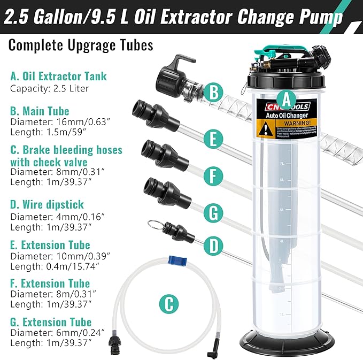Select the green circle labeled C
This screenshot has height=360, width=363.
169,304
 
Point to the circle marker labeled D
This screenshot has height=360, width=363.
213,247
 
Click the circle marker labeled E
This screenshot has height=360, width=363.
213,140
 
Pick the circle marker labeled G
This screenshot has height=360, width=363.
213,212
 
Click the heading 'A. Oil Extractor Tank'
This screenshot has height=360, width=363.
58,76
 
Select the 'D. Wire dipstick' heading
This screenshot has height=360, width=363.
47,204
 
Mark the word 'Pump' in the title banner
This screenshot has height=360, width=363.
322,18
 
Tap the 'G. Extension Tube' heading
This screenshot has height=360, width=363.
51,322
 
